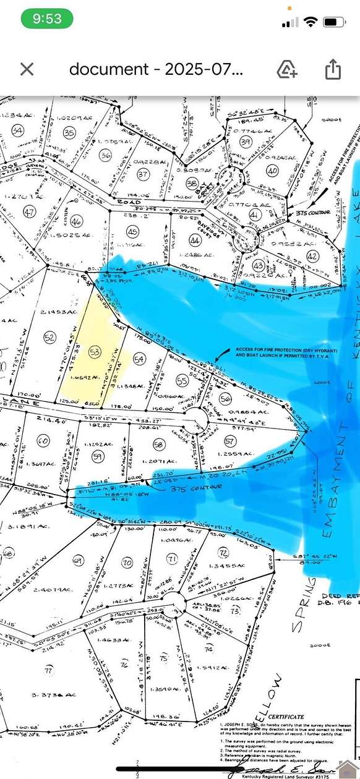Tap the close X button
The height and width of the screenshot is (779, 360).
[27, 69]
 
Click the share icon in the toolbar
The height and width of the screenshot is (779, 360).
[333, 69]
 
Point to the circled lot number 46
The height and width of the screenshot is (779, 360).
[77, 221]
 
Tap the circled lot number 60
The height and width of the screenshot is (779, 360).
[43, 441]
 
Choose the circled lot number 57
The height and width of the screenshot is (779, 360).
[230, 440]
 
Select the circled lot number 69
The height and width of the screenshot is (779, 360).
[77, 561]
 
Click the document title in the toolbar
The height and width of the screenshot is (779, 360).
[156, 69]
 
